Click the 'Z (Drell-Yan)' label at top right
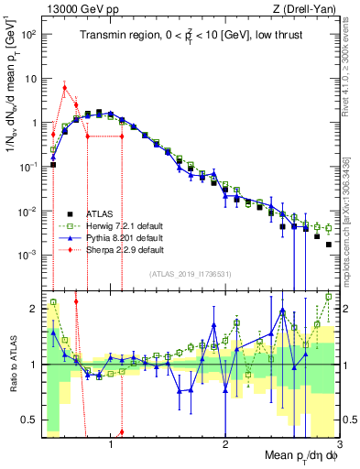tap(308, 8)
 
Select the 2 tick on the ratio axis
tap(34, 309)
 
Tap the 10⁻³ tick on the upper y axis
tap(29, 255)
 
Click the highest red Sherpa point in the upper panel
tap(64, 88)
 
